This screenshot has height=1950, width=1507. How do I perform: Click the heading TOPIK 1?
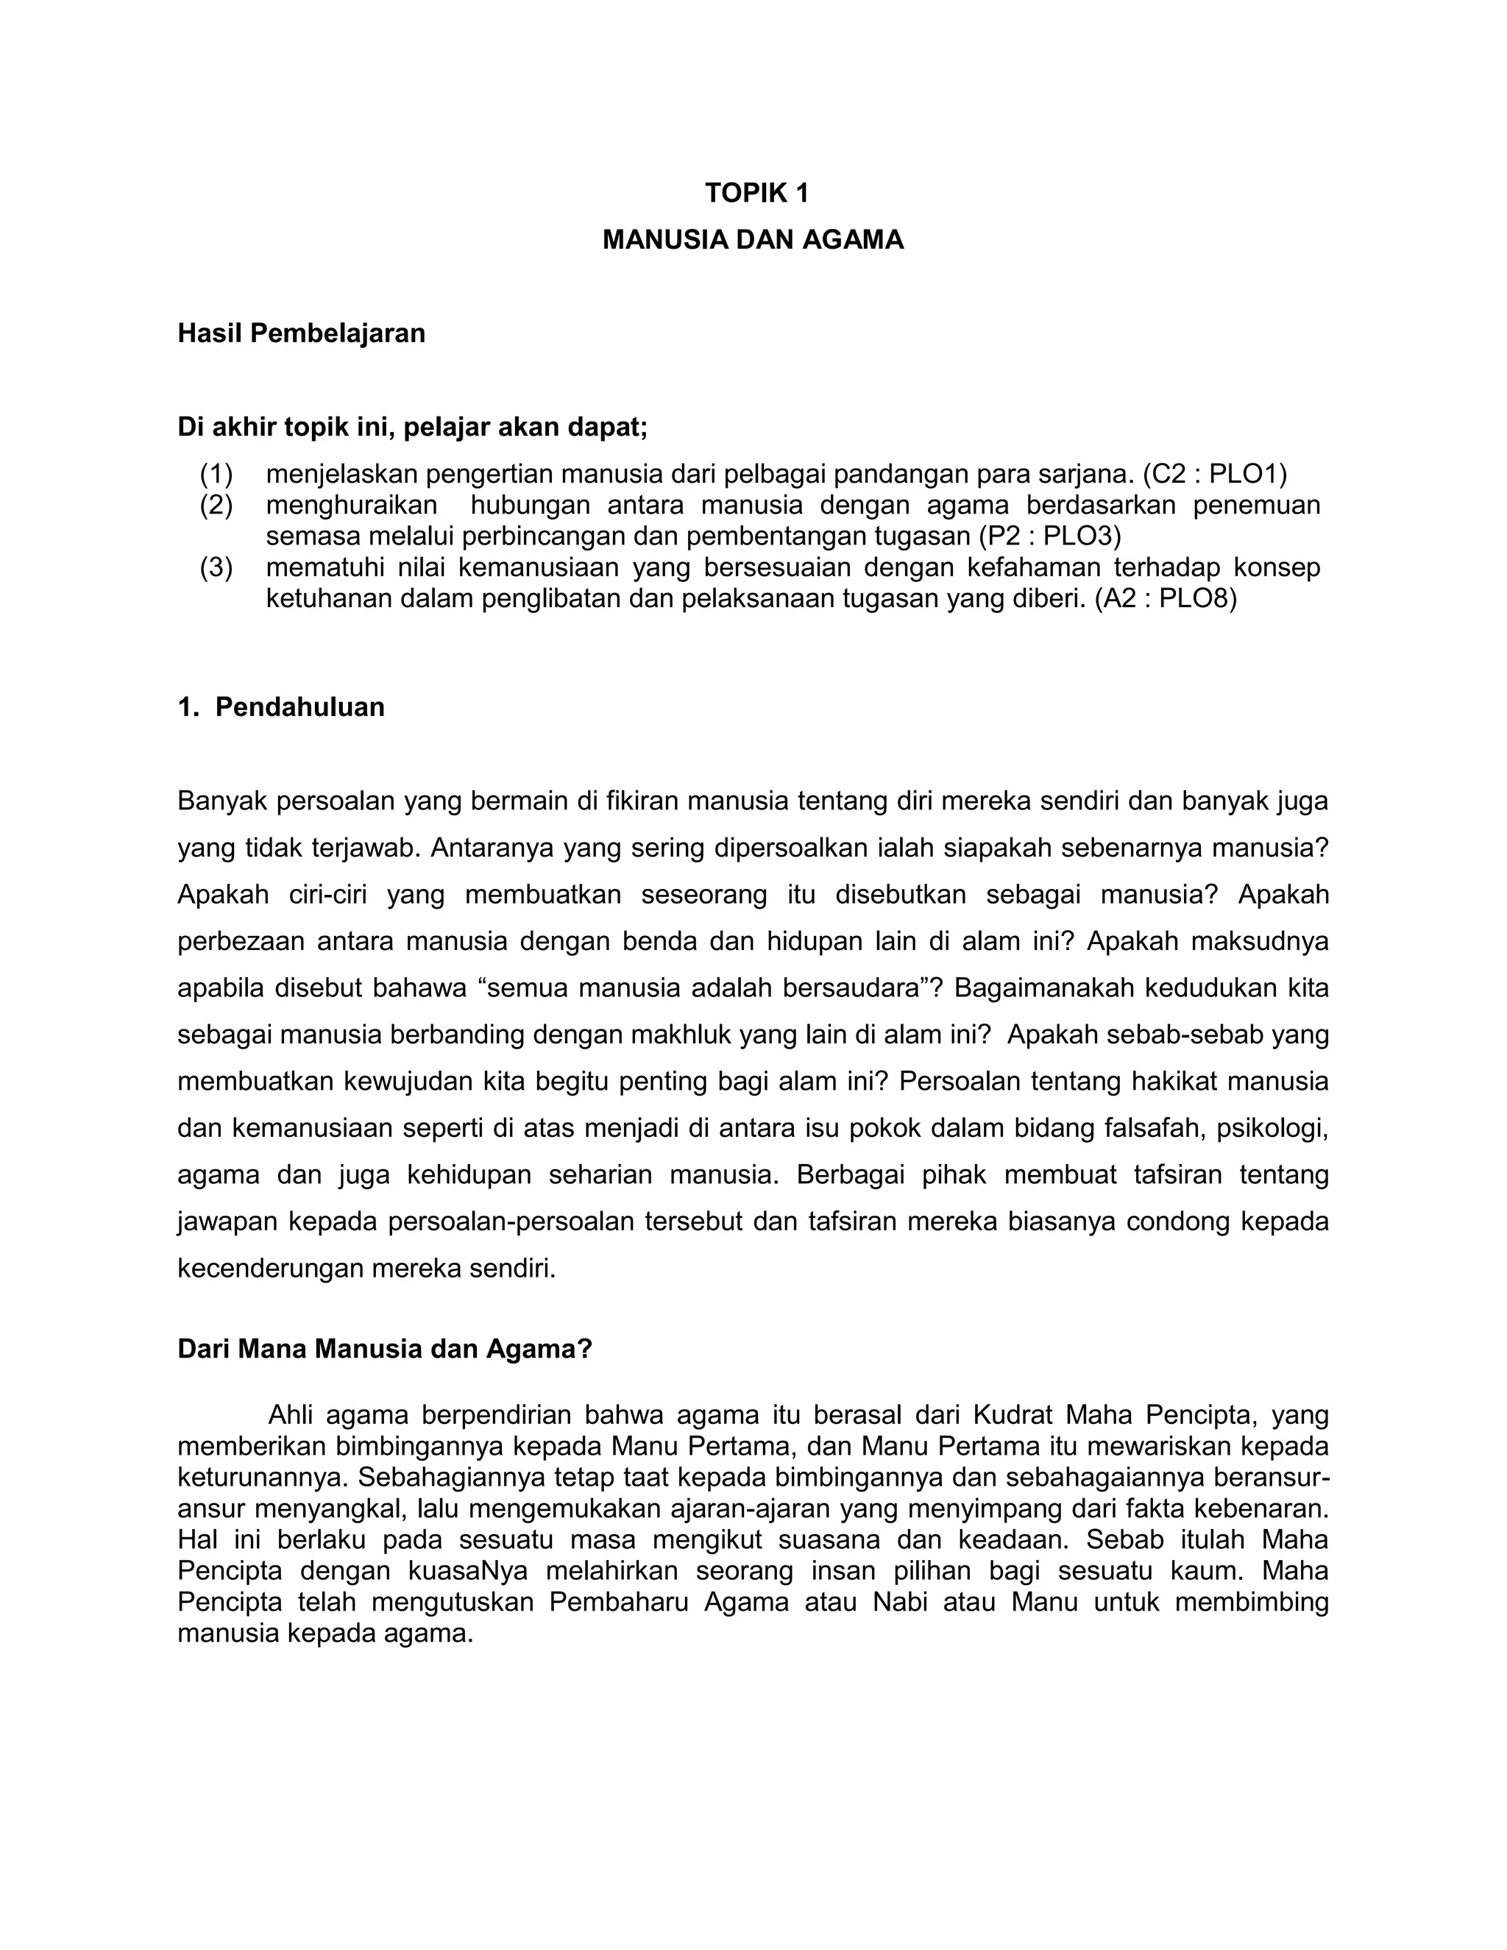coord(756,193)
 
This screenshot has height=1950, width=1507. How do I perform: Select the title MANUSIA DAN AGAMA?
coord(753,239)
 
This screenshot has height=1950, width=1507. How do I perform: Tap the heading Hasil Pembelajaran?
coord(301,333)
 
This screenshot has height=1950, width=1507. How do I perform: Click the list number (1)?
coord(216,472)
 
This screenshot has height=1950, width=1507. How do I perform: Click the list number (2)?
coord(216,505)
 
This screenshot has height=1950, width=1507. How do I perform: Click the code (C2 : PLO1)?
coord(1214,472)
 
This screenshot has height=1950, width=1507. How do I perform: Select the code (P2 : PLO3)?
coord(1049,536)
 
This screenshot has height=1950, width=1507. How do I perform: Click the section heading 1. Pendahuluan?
coord(281,707)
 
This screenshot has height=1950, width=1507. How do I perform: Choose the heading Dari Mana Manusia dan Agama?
coord(385,1348)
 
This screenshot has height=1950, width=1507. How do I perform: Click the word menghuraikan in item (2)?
coord(352,505)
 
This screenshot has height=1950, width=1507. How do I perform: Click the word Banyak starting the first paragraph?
coord(222,801)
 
